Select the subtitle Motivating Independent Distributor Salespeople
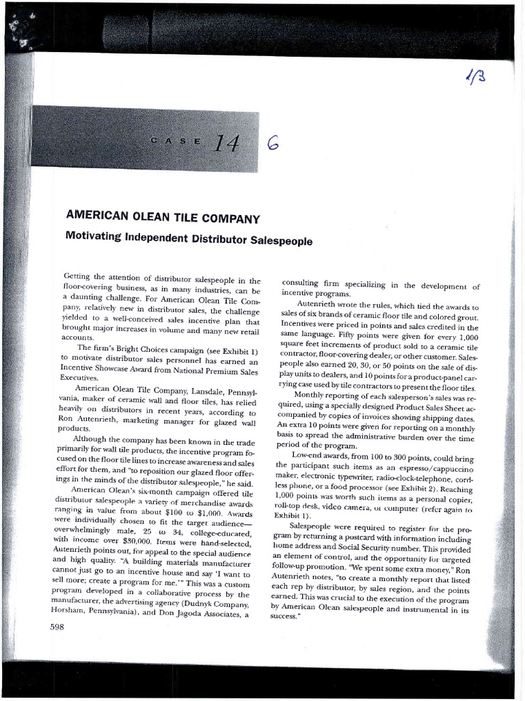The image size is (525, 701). tap(188, 240)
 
